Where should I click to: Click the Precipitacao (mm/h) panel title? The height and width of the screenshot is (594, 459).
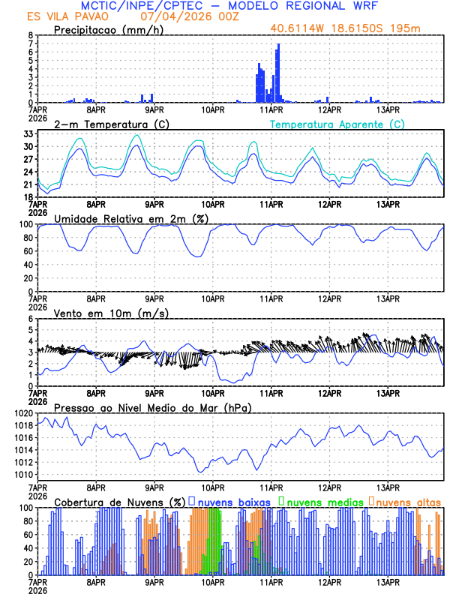pos(109,29)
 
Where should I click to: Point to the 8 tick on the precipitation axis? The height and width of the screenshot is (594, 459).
pos(30,35)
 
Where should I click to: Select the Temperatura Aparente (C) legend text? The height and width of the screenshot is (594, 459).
pos(337,124)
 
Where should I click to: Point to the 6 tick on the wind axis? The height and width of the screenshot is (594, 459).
pos(30,319)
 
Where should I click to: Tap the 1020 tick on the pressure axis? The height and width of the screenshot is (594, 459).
pos(22,413)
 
